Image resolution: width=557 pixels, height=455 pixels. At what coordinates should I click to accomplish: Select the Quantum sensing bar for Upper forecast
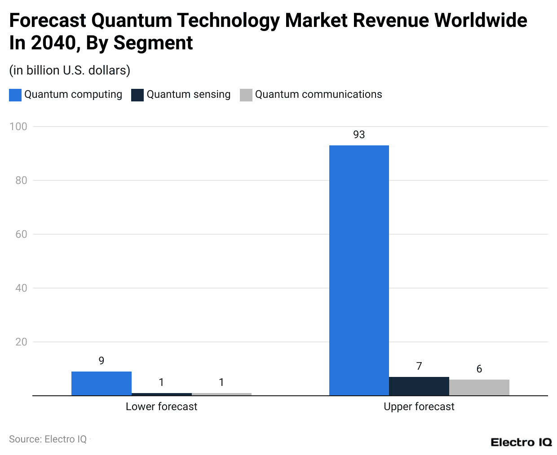pos(419,386)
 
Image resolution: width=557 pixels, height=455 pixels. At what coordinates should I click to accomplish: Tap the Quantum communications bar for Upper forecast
pos(479,388)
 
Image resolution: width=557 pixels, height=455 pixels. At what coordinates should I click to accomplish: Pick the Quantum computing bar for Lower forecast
pos(102,384)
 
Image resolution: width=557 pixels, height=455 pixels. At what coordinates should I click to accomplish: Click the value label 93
pos(359,135)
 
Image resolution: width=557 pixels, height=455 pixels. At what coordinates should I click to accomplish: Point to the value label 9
pos(102,361)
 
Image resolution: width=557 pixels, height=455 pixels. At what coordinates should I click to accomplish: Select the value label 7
pos(419,366)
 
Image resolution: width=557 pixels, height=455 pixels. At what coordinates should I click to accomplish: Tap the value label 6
pos(479,369)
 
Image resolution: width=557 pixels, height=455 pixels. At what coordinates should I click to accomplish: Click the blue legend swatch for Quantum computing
pos(15,95)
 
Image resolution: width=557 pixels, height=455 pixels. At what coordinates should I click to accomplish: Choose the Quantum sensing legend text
pos(188,94)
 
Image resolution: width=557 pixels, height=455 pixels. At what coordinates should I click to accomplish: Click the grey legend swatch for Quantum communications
pos(246,95)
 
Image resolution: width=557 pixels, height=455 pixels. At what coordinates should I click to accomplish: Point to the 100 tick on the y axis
pos(18,127)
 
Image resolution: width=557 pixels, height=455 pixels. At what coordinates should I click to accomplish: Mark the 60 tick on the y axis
pos(21,234)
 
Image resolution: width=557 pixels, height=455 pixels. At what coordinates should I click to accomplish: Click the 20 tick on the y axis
pos(21,342)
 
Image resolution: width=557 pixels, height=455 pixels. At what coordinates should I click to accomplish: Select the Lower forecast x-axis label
pos(161,407)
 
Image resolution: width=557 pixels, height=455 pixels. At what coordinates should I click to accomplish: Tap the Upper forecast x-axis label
pos(419,407)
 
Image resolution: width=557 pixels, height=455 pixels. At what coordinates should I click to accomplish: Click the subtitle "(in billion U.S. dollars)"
pos(70,70)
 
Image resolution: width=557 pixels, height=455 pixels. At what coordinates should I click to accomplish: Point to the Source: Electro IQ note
pos(48,439)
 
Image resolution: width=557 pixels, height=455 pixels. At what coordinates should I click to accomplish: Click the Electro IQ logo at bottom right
pos(521,442)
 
